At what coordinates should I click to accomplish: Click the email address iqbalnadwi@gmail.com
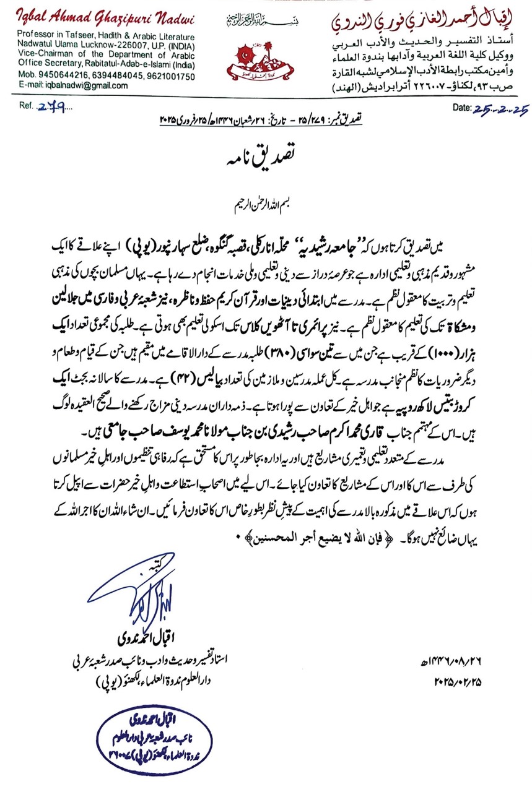[x=61, y=85]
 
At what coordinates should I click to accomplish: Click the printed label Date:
[x=462, y=107]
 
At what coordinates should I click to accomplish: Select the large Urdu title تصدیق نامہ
[x=266, y=157]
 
